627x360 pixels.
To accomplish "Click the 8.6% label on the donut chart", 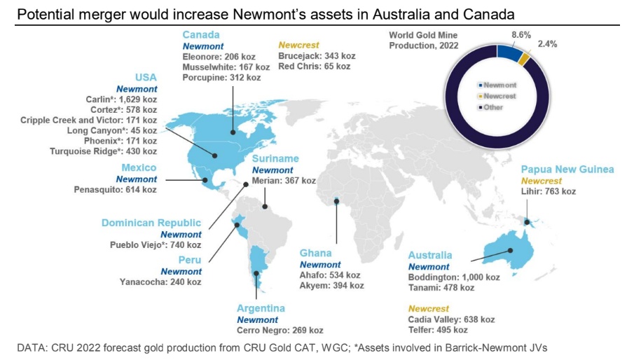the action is tap(521, 35).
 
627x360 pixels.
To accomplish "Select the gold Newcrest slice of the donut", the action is tap(524, 59).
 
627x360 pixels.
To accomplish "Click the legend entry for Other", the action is tap(490, 107).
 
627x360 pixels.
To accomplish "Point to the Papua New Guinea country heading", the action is tap(567, 169).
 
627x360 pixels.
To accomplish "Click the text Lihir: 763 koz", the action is tap(549, 191).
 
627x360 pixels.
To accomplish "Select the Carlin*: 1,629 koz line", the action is tap(121, 99).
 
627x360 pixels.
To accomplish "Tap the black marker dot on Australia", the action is tap(510, 251).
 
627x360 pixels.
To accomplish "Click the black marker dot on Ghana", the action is tap(336, 202).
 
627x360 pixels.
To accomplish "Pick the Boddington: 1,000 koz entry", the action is tap(454, 277).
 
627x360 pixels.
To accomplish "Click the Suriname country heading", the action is tap(275, 158).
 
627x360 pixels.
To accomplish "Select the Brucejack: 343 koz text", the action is tap(317, 56).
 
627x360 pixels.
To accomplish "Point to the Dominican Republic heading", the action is tap(151, 223).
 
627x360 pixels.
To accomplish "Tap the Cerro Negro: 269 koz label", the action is tap(280, 331).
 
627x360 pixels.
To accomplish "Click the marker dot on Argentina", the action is tap(256, 274).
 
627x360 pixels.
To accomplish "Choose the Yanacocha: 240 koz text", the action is tap(160, 282).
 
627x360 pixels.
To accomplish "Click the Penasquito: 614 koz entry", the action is tap(115, 190).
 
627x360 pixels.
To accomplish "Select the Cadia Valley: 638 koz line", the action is tap(451, 319).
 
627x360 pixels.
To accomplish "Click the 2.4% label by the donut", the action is tap(547, 44).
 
